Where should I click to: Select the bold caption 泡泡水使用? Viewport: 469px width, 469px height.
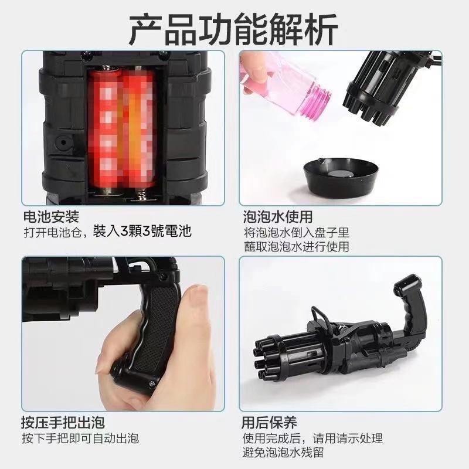pos(277,216)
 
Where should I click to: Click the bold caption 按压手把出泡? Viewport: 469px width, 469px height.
pos(63,422)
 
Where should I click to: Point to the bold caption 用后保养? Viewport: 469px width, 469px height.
pos(269,422)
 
